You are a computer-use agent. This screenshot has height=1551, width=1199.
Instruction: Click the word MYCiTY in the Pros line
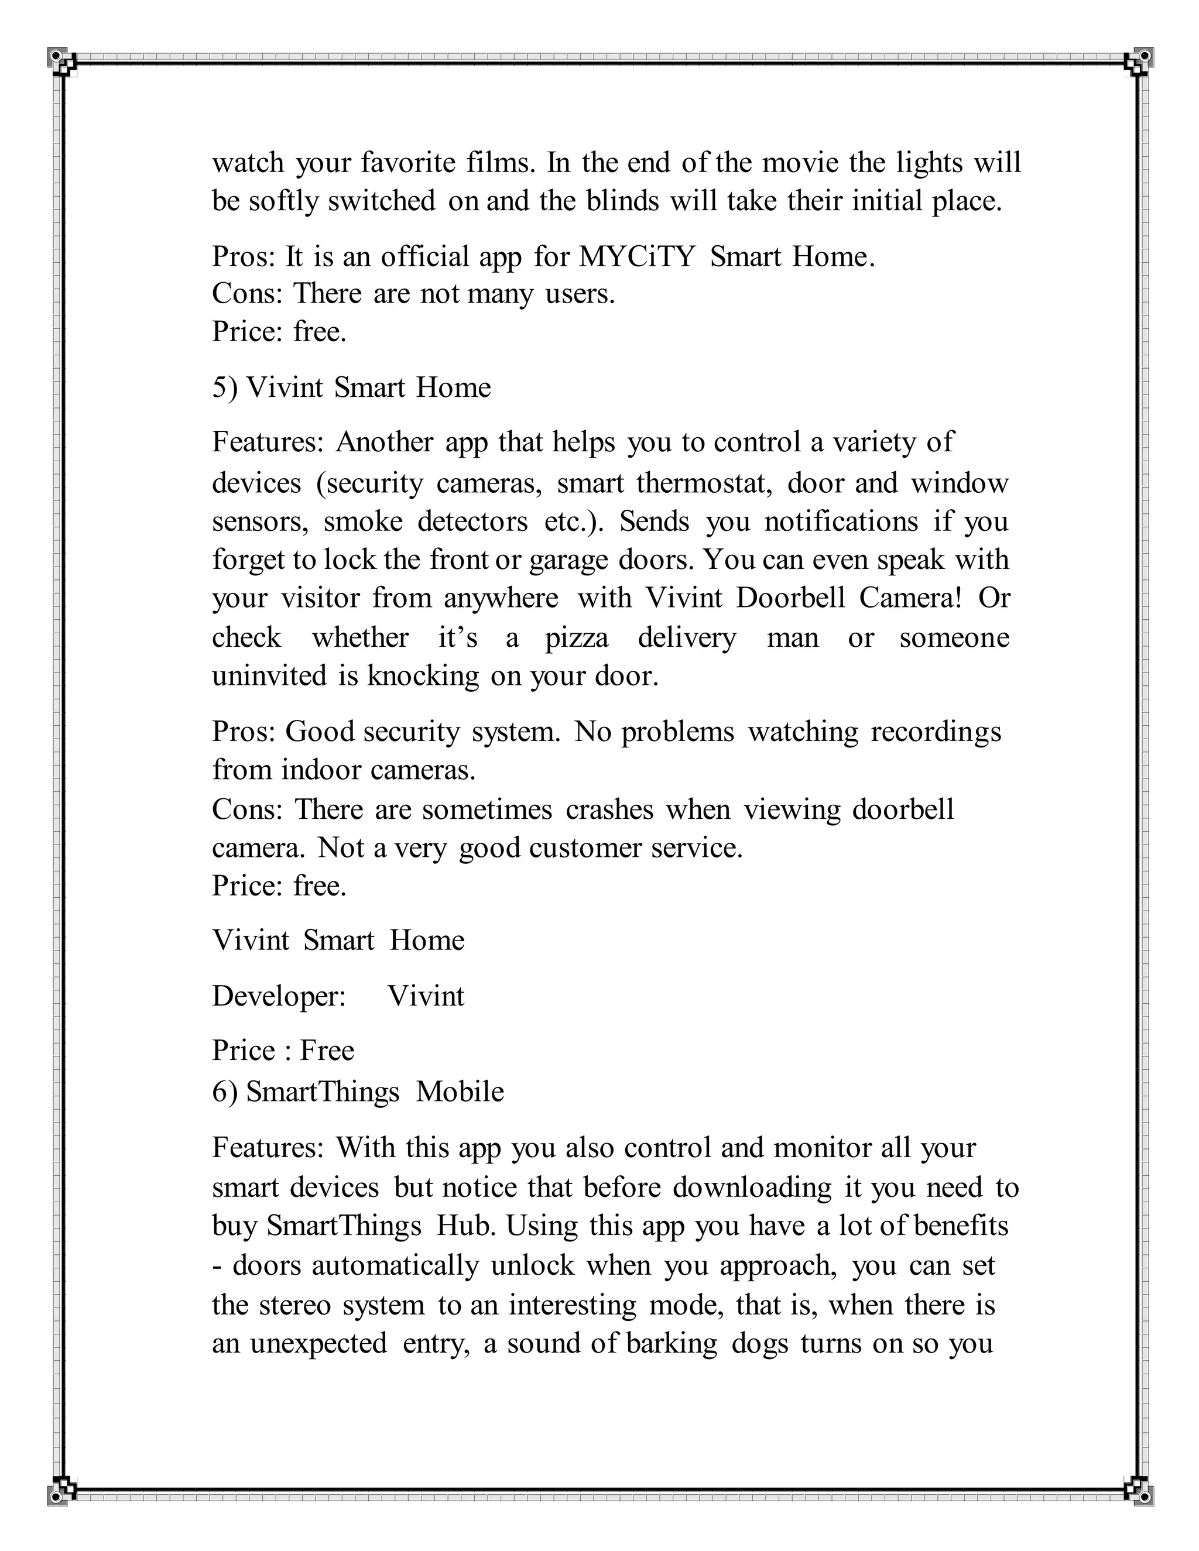[x=636, y=257]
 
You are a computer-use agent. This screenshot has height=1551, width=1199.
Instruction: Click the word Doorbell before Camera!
[x=790, y=599]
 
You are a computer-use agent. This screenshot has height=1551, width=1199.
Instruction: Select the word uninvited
[x=269, y=676]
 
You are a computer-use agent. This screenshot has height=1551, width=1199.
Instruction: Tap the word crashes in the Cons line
[x=609, y=810]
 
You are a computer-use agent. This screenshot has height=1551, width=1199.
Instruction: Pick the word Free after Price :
[x=327, y=1051]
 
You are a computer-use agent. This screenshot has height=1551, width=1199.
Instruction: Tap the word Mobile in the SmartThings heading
[x=460, y=1092]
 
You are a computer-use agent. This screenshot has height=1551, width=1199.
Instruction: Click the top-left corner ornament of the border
[x=58, y=58]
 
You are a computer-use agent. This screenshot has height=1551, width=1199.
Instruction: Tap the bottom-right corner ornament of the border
[x=1141, y=1493]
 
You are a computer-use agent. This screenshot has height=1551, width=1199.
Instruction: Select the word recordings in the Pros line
[x=936, y=732]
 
